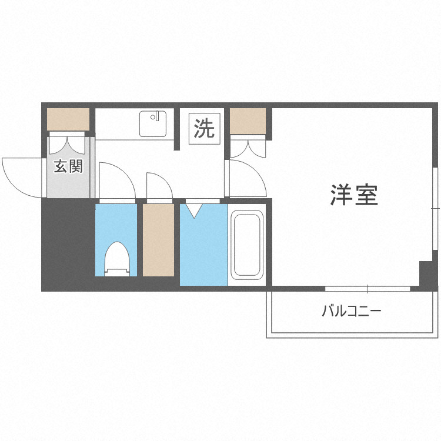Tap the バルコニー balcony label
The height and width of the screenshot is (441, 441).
click(351, 310)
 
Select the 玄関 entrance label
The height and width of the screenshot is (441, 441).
click(68, 166)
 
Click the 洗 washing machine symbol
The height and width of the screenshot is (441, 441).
click(205, 128)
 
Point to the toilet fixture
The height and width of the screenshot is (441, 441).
click(116, 259)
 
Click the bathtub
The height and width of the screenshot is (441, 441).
click(246, 246)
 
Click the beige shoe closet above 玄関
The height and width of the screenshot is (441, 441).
click(68, 119)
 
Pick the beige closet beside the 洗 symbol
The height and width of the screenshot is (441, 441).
click(248, 122)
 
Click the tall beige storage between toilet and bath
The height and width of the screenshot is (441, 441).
click(158, 239)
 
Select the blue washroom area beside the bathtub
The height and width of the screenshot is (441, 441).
click(203, 247)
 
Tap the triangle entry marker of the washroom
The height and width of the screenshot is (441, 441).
click(194, 209)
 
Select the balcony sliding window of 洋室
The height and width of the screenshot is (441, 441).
click(367, 289)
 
